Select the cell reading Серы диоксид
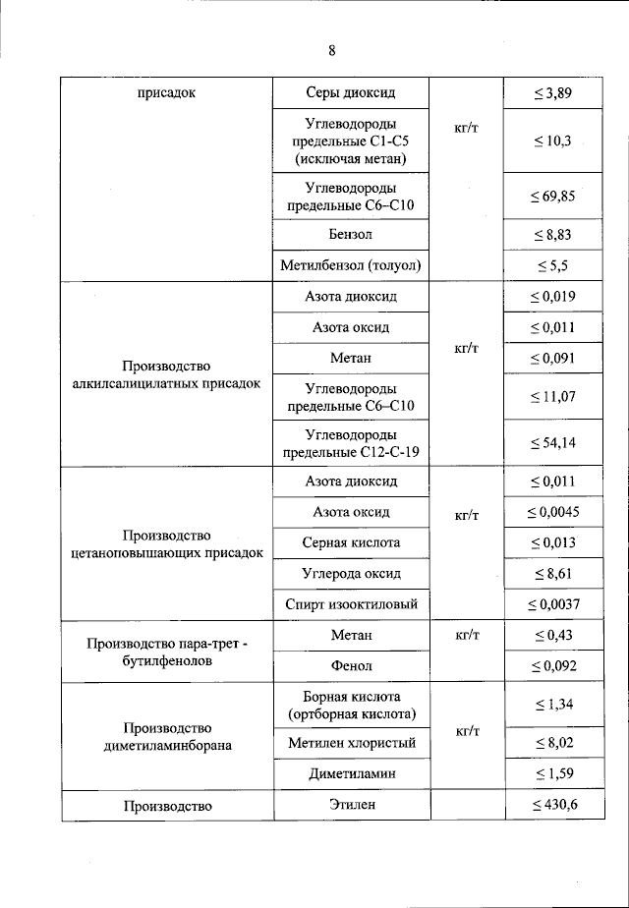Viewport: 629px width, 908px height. tap(351, 93)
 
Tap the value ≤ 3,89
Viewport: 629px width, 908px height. tap(552, 94)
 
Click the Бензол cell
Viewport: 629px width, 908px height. tap(351, 235)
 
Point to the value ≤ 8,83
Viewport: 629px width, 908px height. tap(552, 235)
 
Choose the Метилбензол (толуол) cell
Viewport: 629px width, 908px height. tap(351, 265)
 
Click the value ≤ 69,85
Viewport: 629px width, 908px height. tap(552, 197)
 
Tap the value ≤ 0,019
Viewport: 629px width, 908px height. tap(552, 297)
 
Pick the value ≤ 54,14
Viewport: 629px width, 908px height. tap(552, 443)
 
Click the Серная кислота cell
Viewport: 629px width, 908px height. tap(351, 542)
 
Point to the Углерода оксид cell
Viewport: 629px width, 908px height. tap(351, 573)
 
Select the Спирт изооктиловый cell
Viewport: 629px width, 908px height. tap(351, 603)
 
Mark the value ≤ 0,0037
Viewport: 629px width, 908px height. tap(552, 603)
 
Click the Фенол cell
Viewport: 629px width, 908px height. tap(351, 666)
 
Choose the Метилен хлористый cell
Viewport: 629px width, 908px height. tap(351, 743)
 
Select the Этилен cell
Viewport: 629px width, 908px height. tap(351, 806)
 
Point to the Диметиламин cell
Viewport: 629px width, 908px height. tap(351, 773)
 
